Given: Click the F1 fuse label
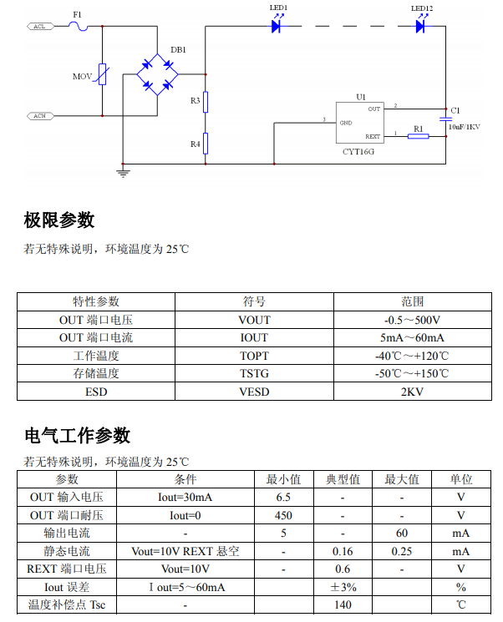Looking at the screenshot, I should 78,14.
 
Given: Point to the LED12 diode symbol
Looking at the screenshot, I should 421,26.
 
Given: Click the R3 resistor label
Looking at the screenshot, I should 195,101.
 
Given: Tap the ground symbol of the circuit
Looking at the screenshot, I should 123,173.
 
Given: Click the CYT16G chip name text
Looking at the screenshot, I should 359,152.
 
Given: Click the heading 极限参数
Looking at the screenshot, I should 59,220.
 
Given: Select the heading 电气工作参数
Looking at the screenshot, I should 77,435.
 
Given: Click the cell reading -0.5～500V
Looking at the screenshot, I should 412,320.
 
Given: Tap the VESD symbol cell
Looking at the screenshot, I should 254,392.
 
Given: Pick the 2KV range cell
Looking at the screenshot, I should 412,392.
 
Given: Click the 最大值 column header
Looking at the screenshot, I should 402,479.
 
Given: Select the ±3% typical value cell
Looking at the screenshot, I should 343,587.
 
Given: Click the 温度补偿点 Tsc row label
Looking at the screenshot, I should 67,604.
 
